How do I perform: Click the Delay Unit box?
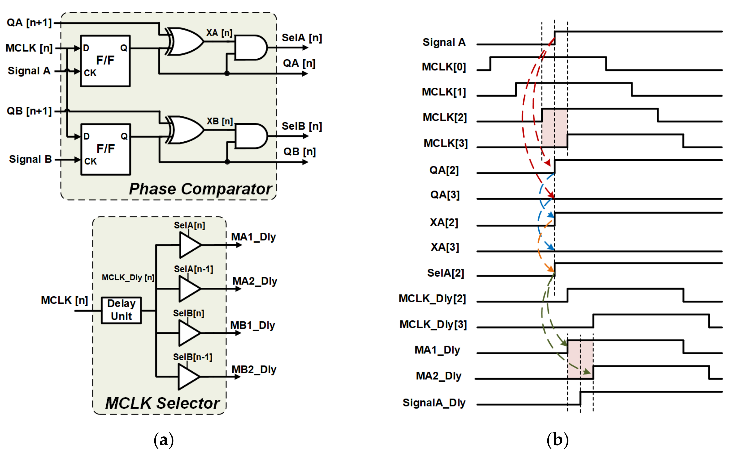[121, 310]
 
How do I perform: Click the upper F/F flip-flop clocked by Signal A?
[105, 61]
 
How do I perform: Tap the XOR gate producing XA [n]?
[185, 41]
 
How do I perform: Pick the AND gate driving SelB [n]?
[250, 136]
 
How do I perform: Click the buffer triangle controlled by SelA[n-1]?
[189, 289]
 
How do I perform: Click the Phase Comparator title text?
[200, 189]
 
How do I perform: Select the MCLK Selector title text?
[162, 403]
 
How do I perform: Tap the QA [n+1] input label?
[29, 23]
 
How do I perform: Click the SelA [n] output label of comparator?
[301, 38]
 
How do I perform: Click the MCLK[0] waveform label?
[443, 67]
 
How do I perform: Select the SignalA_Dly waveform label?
[434, 402]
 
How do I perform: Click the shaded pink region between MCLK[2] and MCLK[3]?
[554, 128]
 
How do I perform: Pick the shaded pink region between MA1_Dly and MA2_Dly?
[580, 359]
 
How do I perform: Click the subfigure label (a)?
[164, 440]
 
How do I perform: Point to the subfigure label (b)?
[557, 440]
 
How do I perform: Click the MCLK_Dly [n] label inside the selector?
[128, 277]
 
